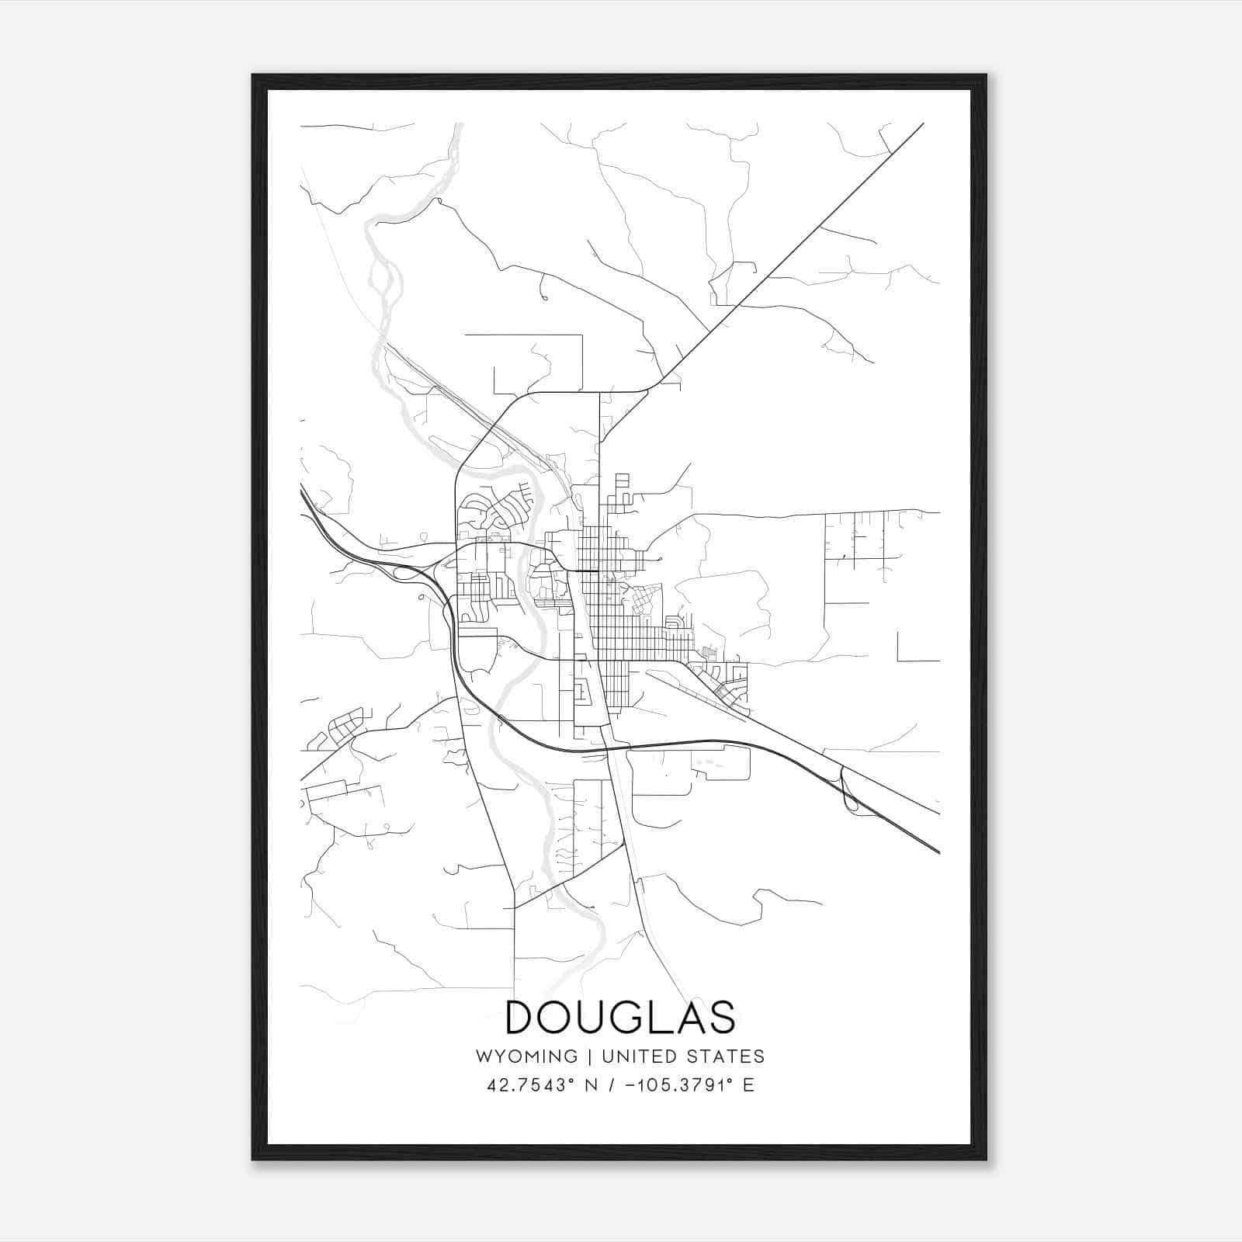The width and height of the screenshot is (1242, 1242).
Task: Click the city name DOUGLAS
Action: tap(620, 1018)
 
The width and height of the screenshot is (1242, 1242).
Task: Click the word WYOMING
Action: tap(526, 1056)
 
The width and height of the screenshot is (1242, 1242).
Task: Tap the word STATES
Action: tap(729, 1056)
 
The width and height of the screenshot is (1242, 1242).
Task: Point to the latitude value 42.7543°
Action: tap(531, 1085)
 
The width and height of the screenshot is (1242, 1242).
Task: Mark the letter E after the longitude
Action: tap(748, 1085)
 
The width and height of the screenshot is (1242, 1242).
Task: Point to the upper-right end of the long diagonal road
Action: tap(922, 124)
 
